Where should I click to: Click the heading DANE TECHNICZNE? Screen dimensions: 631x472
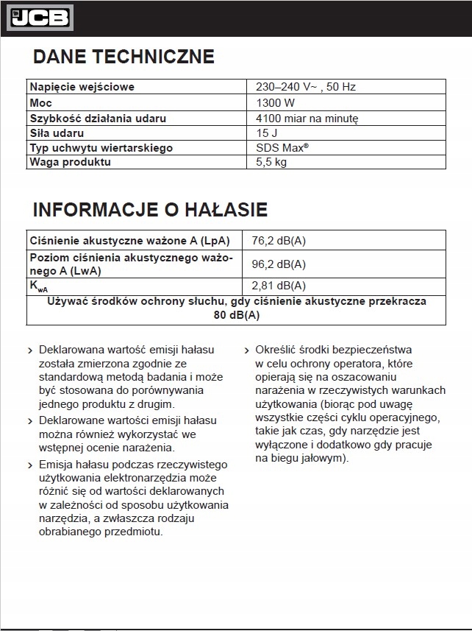point(124,57)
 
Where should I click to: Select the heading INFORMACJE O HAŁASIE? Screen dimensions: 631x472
point(150,209)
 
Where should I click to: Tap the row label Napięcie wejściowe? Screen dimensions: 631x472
point(82,87)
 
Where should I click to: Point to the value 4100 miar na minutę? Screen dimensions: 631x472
point(307,118)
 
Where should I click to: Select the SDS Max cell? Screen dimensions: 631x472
point(282,148)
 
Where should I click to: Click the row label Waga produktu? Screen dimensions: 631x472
point(70,162)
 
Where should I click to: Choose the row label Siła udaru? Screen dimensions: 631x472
point(57,133)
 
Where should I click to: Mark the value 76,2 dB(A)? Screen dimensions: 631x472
point(279,241)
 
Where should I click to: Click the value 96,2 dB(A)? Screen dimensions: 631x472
point(279,264)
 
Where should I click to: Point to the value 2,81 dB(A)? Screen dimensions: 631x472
point(279,286)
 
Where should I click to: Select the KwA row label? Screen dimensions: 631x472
point(39,286)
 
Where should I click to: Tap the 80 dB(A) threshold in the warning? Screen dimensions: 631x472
point(236,315)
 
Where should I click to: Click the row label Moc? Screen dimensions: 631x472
point(40,102)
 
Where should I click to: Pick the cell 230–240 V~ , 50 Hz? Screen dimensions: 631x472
point(306,87)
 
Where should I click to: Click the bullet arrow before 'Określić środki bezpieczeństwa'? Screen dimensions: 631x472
point(247,350)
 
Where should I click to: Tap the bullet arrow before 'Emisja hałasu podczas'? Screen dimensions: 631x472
point(29,465)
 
